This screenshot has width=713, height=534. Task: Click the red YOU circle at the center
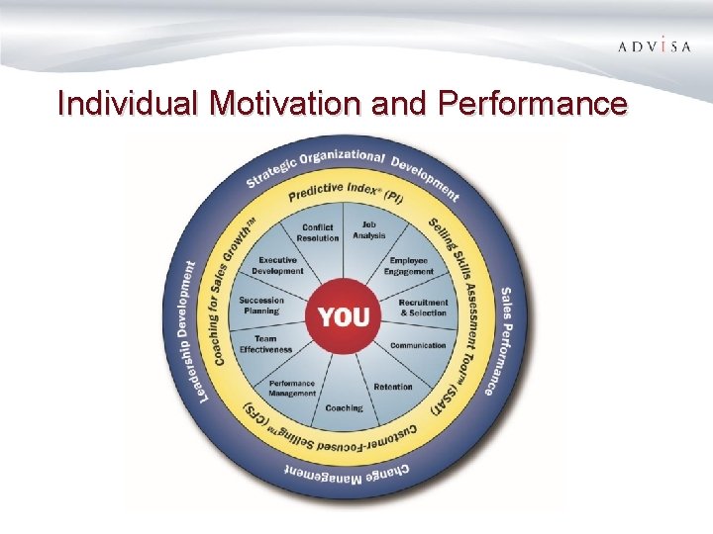(344, 316)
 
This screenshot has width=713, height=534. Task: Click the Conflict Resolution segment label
(318, 232)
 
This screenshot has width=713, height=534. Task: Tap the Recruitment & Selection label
(423, 307)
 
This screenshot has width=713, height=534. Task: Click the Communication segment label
(418, 345)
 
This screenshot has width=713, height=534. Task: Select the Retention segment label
(393, 387)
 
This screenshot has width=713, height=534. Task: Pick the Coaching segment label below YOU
(344, 407)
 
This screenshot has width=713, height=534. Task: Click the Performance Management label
(292, 388)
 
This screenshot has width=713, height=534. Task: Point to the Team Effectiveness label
(265, 344)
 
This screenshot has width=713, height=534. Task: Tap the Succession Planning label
(261, 305)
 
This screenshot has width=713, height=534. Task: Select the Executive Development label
(277, 265)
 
